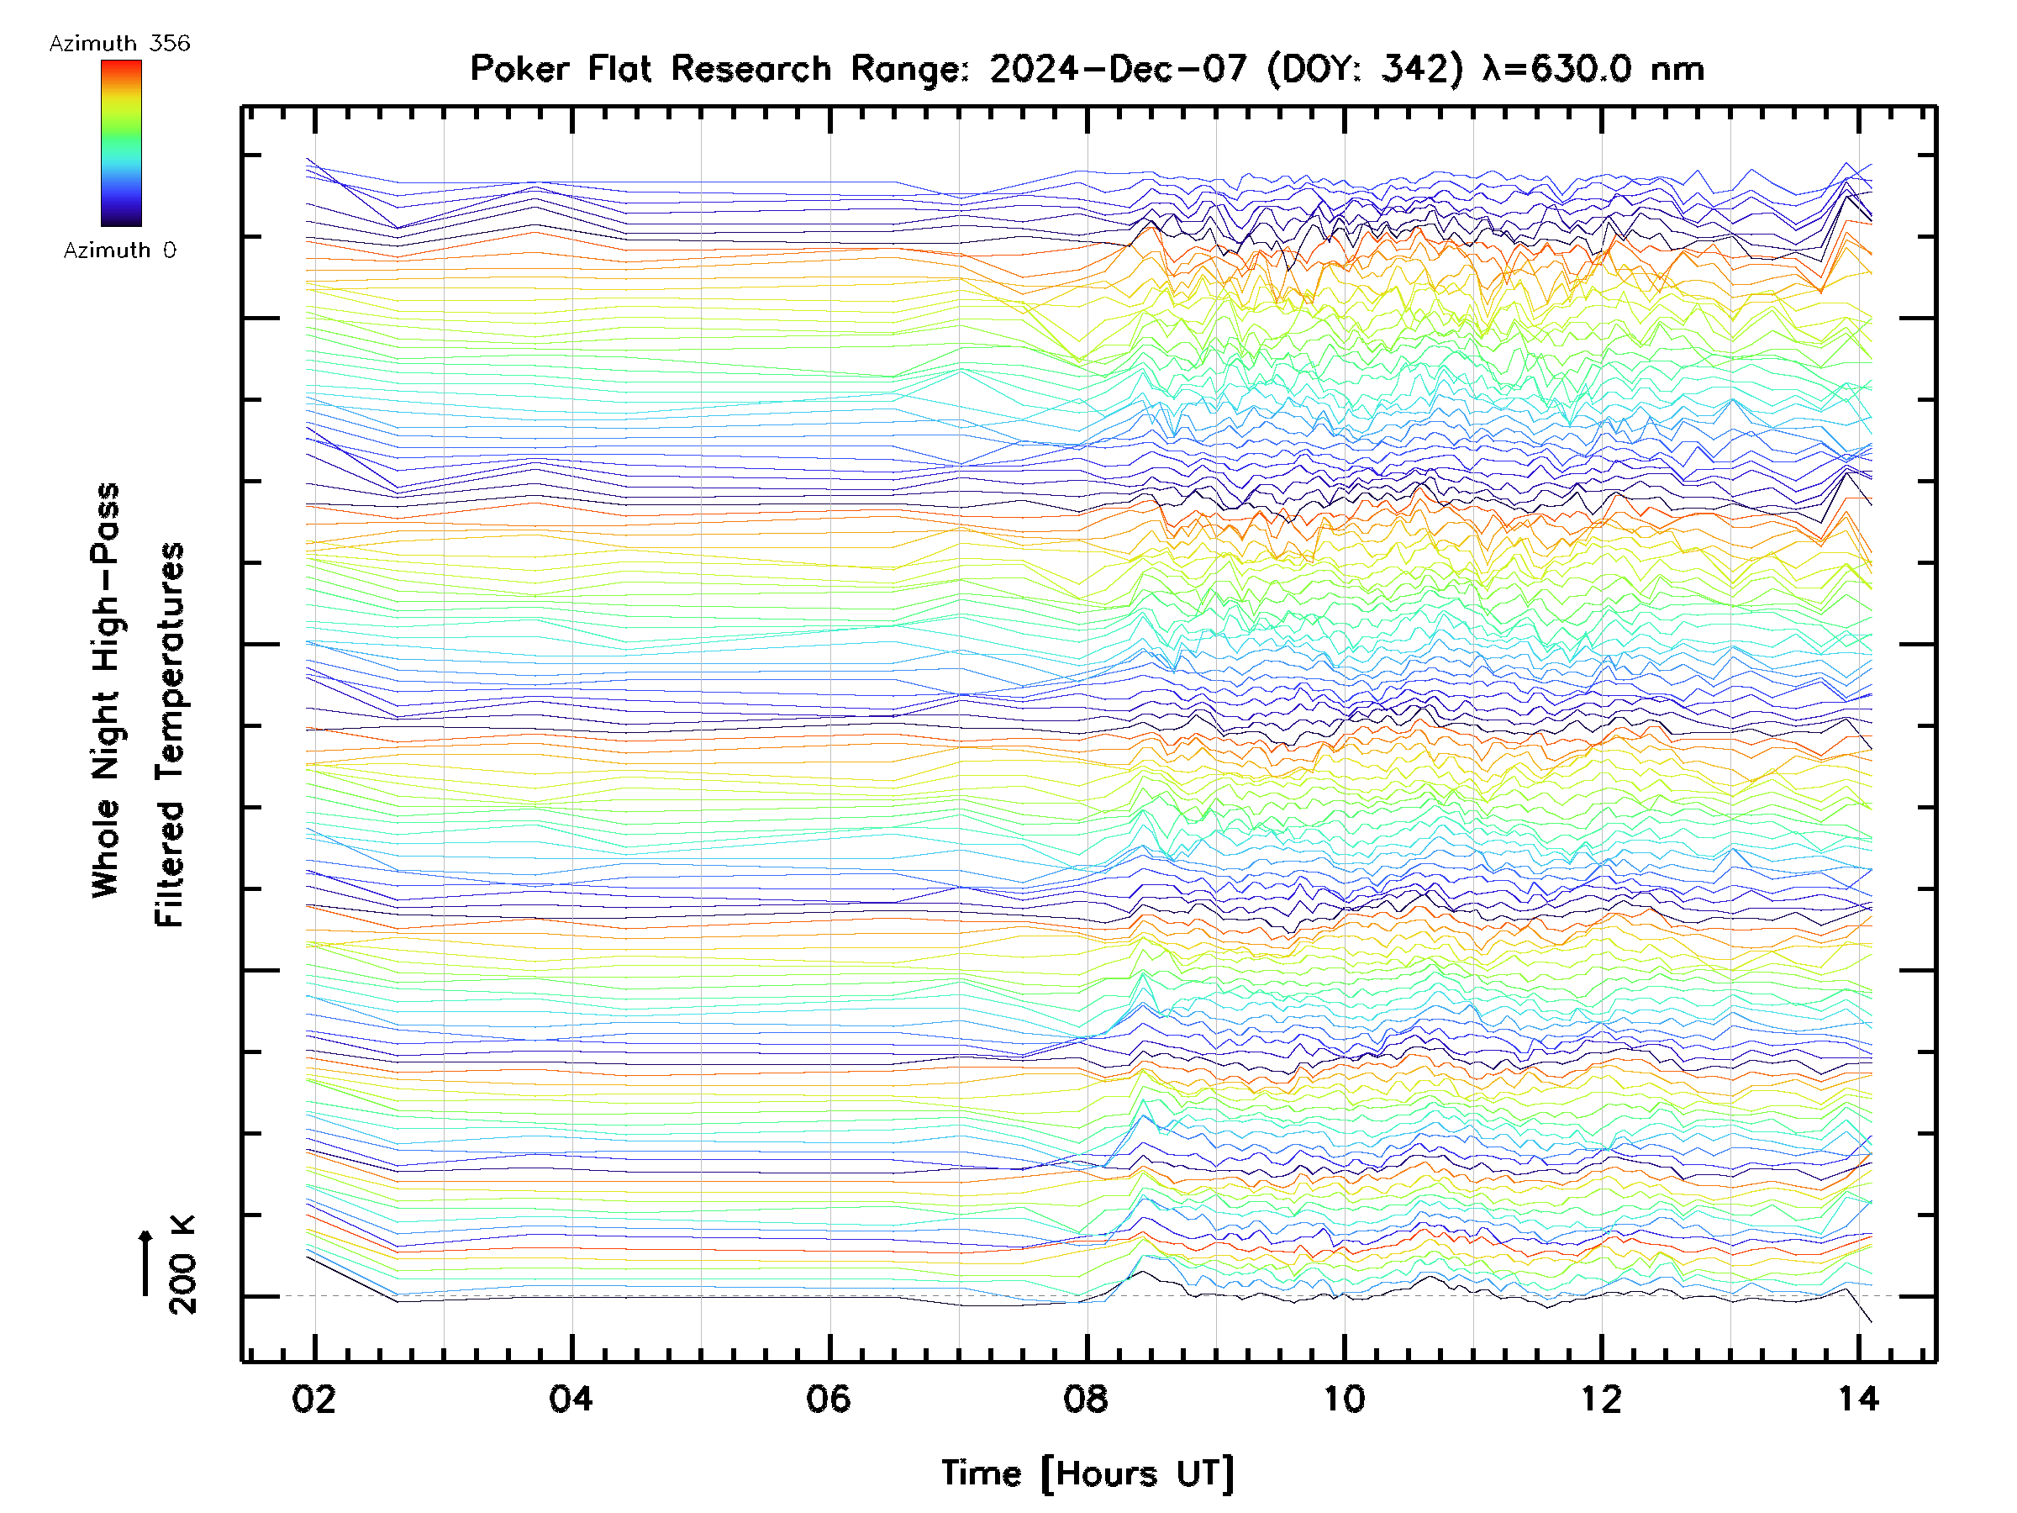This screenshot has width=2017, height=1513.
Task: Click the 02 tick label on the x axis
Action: (313, 1398)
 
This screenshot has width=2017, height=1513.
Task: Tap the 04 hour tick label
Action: (571, 1398)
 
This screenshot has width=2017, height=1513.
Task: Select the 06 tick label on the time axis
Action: (828, 1398)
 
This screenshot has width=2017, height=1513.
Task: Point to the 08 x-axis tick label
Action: (1085, 1398)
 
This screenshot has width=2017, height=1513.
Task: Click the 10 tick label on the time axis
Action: (1343, 1398)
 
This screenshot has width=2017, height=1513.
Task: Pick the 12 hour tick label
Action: (1600, 1398)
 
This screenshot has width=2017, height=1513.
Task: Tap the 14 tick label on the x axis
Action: (1857, 1398)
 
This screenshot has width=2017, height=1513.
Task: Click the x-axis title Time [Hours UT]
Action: (1087, 1473)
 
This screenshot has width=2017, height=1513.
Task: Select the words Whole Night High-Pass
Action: (106, 689)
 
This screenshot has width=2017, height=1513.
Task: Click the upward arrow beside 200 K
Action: (146, 1263)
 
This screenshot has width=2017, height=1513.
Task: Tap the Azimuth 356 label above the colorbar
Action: (119, 44)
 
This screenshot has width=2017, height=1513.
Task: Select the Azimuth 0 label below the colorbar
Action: (119, 250)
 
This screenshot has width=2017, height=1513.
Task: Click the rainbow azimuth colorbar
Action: (121, 143)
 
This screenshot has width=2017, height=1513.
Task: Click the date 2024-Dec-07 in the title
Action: (1118, 69)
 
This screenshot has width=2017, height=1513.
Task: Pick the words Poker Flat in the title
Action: (560, 69)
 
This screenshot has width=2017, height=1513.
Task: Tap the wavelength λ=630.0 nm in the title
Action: (1593, 69)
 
